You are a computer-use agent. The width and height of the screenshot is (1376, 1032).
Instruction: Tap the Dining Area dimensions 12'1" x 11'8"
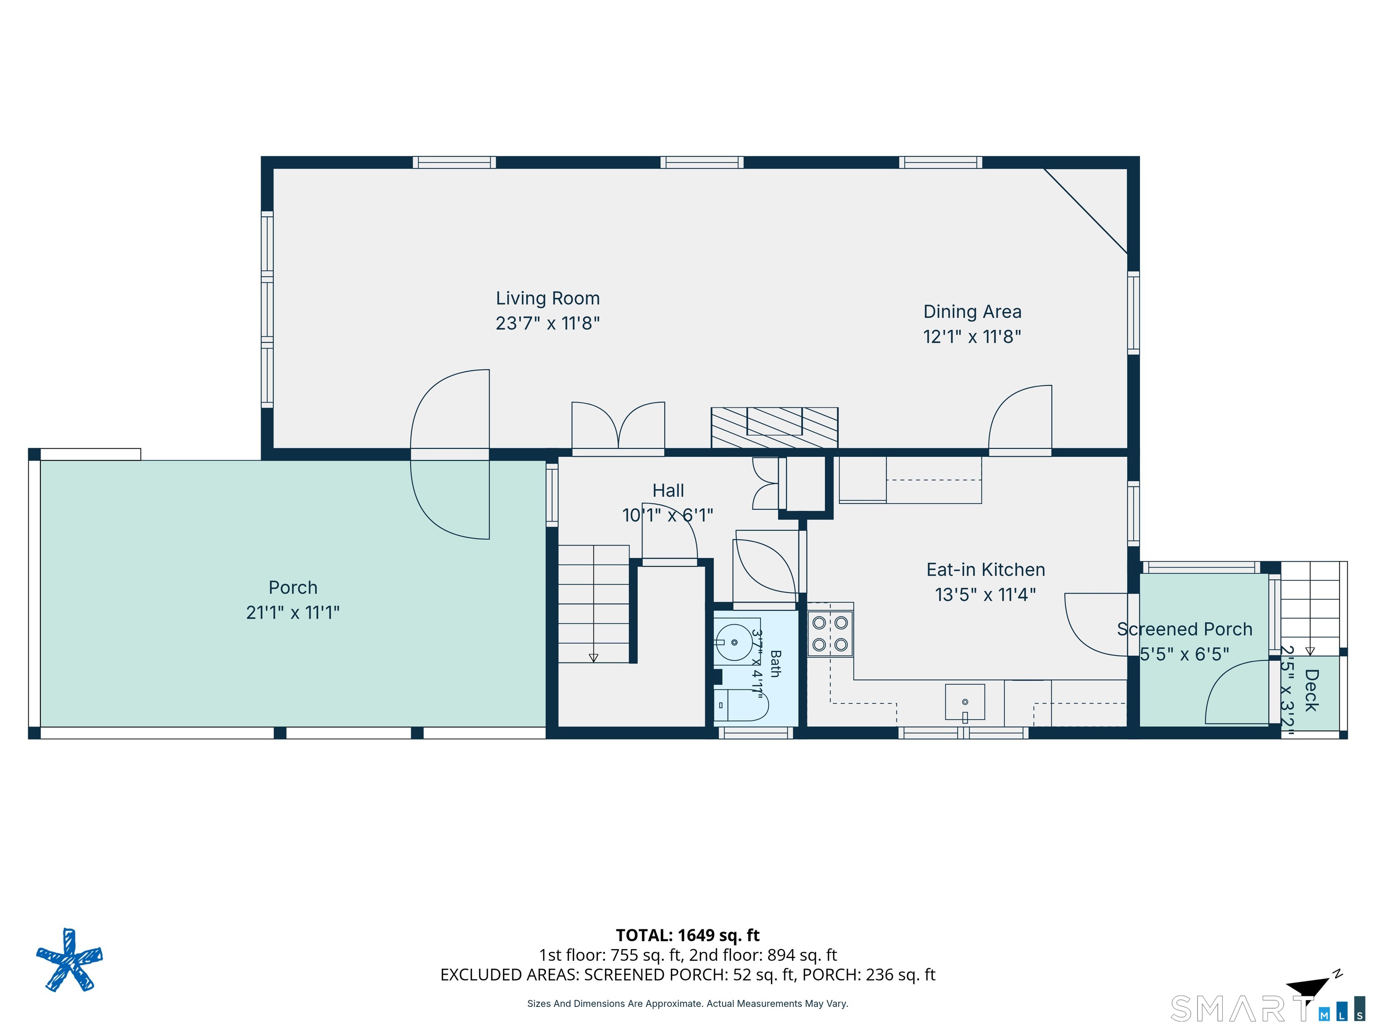click(972, 336)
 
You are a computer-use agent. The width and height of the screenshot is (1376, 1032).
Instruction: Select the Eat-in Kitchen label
click(985, 569)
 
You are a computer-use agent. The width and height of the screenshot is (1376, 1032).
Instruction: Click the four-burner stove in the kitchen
click(830, 634)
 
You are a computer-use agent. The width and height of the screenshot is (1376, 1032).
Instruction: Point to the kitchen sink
click(965, 702)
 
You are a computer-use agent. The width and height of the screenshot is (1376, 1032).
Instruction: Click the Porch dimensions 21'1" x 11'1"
click(292, 612)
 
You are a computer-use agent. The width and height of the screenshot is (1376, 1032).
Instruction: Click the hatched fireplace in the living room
click(774, 427)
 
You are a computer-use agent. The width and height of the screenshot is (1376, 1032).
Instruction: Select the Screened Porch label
click(1184, 629)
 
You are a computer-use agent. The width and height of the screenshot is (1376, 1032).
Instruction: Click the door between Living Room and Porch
click(450, 454)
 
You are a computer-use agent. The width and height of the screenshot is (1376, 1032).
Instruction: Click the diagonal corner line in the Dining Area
click(1085, 211)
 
